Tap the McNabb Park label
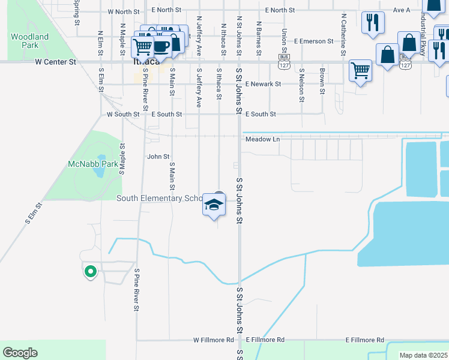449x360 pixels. point(84,164)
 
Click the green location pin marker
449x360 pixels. point(90,272)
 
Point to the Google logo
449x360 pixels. point(20,353)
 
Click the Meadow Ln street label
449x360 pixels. point(262,140)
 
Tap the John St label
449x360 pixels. point(158,157)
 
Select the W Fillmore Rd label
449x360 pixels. point(213,340)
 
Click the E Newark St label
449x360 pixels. point(263,84)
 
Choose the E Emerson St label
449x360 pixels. point(313,41)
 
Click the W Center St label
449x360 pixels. point(56,61)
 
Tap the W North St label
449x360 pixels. point(123,11)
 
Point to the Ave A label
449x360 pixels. point(402,10)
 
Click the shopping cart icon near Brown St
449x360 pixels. point(360,70)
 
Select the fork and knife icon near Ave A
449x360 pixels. point(373,23)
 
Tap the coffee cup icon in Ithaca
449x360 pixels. point(160,46)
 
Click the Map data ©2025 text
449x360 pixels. point(423,355)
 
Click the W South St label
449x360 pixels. point(123,114)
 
